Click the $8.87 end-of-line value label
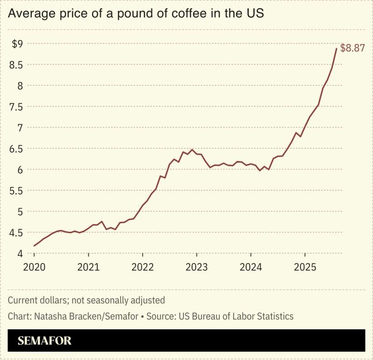pos(352,48)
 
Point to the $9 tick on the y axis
pos(17,44)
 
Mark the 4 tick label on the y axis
pos(20,254)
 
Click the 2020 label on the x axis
pos(34,267)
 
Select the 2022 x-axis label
pos(142,267)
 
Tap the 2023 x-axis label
pos(197,267)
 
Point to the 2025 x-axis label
pos(305,267)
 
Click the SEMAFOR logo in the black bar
pos(44,341)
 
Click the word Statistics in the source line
pos(273,316)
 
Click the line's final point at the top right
pos(336,48)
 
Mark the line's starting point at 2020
pos(34,246)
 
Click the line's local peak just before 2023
pos(192,150)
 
